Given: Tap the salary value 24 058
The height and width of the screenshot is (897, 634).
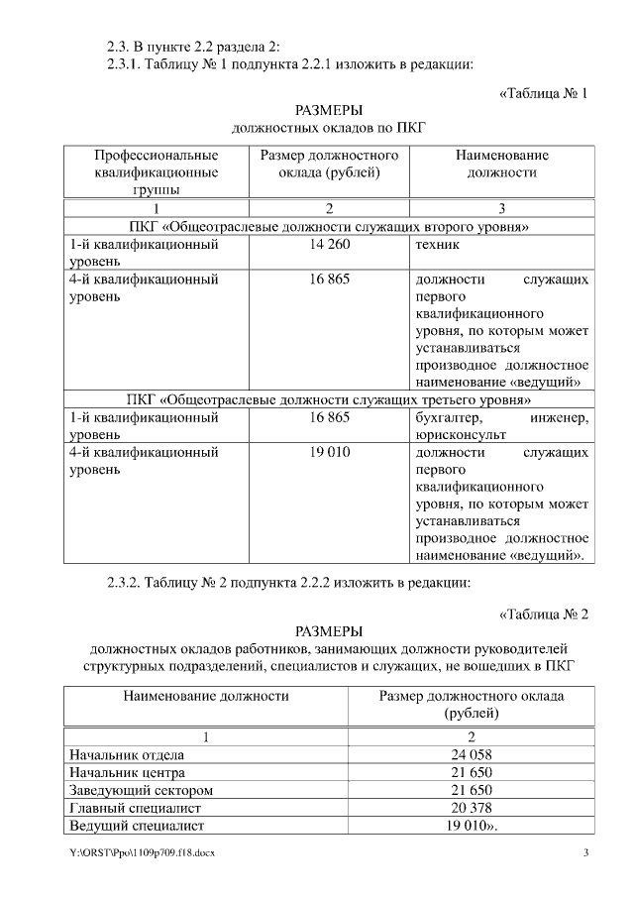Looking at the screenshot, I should tap(470, 754).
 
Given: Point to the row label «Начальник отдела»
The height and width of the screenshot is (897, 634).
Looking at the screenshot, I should tap(127, 754).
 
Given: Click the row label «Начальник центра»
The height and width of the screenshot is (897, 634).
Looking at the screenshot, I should tap(128, 772).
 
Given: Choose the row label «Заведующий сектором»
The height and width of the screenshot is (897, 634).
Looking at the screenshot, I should tap(141, 790).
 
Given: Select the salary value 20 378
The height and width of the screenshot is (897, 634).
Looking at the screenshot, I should tap(470, 808).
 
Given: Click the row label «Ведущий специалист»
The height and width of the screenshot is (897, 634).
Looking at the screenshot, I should tap(136, 826).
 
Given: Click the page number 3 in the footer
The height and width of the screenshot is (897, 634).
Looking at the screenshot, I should tap(585, 853).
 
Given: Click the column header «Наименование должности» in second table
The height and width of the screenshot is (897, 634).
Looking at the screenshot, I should tap(206, 696).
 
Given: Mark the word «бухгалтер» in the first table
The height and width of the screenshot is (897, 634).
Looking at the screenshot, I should tap(448, 417).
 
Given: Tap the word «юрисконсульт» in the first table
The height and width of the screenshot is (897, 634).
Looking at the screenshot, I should tap(461, 434).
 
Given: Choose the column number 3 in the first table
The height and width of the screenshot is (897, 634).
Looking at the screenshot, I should tap(502, 208).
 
